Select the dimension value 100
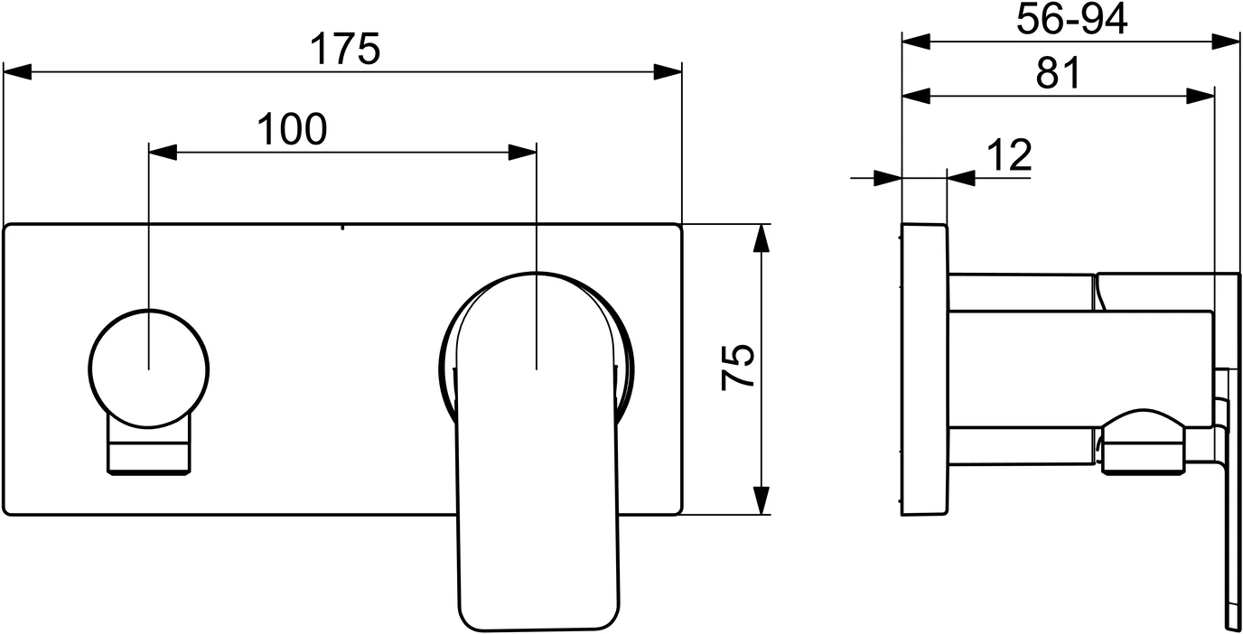(291, 130)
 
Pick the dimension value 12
(1008, 156)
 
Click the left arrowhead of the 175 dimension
(17, 71)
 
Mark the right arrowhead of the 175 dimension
(668, 71)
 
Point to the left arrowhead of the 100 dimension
(162, 152)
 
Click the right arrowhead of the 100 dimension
(523, 152)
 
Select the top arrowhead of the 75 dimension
(762, 237)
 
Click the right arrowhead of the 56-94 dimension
(1226, 41)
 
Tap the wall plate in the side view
(924, 368)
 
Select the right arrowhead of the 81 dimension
(1201, 95)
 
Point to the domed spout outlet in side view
(1141, 443)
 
